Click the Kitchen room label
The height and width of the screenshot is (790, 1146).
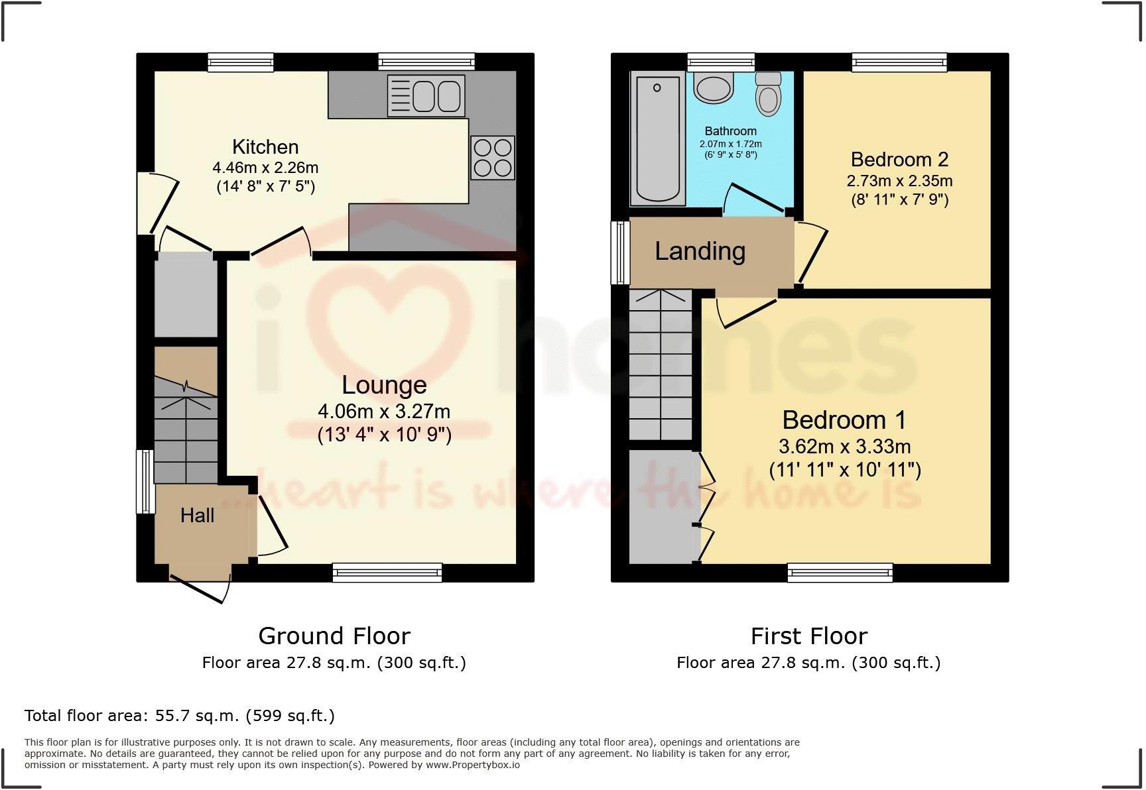point(265,146)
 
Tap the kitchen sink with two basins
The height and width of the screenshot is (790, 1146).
point(426,96)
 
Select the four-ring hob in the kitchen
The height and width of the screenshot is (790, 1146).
point(492,158)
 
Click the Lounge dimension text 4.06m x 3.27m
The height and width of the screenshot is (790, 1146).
point(384,412)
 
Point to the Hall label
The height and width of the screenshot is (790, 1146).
point(197,516)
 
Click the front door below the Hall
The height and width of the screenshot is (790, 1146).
point(199,587)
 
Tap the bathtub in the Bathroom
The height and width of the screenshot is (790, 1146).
point(657,139)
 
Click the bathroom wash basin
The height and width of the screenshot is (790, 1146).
point(713,88)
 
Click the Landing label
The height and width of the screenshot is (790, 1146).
point(700,251)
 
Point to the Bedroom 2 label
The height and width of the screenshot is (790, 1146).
point(899,160)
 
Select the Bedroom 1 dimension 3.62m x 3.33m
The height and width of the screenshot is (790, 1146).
point(844,446)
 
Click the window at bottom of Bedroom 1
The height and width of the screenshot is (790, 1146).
point(840,573)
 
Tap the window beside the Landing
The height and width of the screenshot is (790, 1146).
point(620,253)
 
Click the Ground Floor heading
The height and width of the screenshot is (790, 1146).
point(334,636)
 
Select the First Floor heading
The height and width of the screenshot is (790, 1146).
point(808,636)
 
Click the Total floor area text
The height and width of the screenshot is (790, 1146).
point(179,716)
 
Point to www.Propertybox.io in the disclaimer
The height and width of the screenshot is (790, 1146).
point(472,765)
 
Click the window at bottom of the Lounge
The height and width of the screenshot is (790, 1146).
point(387,573)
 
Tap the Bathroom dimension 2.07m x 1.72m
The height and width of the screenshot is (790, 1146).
point(730,144)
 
